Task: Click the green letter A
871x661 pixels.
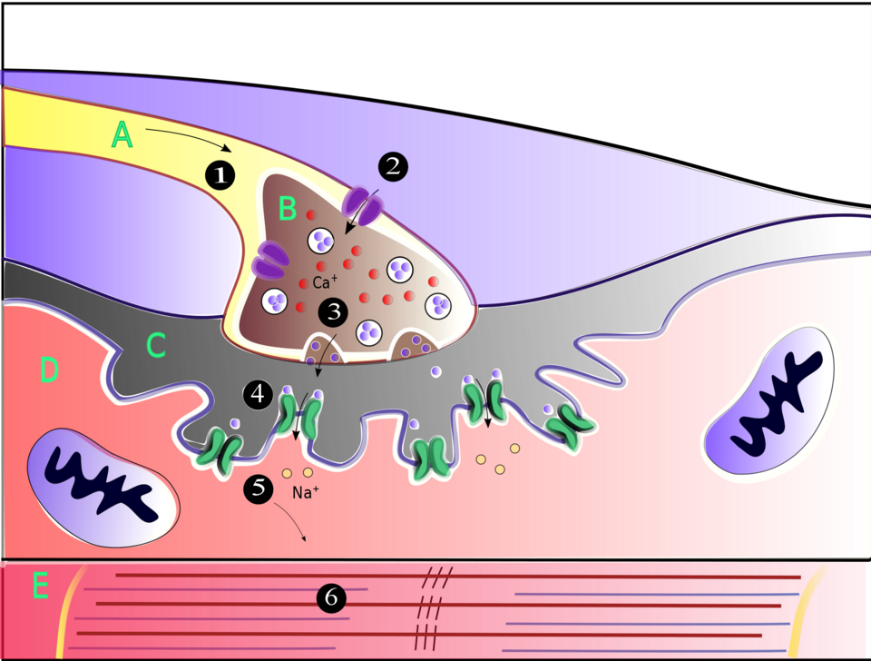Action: pos(122,135)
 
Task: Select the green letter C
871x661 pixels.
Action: pos(156,345)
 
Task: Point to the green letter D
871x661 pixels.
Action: pos(48,370)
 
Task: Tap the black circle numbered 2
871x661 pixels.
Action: pos(393,167)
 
